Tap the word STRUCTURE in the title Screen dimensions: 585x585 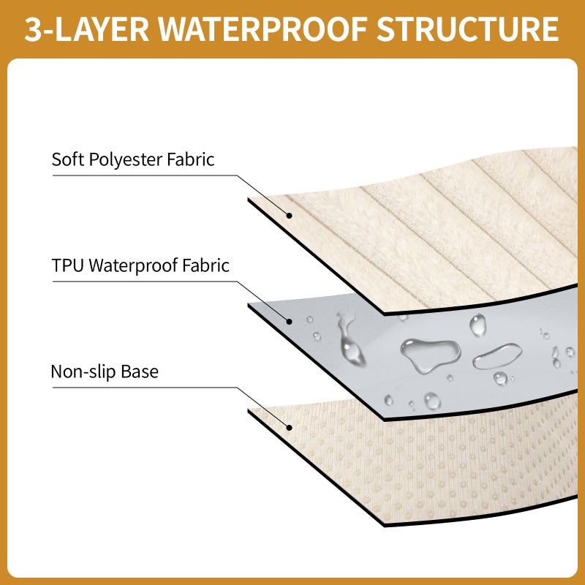tap(467, 29)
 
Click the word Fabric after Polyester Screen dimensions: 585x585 tap(190, 159)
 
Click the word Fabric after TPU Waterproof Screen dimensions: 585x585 tap(205, 265)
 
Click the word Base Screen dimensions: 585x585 tap(140, 371)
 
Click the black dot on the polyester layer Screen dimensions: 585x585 tap(289, 215)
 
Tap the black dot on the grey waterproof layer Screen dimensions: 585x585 tap(289, 321)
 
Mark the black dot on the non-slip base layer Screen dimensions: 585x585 tap(289, 428)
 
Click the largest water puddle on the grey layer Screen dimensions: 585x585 tap(429, 354)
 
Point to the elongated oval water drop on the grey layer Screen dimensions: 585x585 tap(497, 356)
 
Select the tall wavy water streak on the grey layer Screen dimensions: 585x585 tap(350, 339)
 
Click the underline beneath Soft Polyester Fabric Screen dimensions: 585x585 tap(145, 175)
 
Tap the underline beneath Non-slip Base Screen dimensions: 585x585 tap(145, 388)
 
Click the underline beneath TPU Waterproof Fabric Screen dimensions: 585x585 tap(145, 282)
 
